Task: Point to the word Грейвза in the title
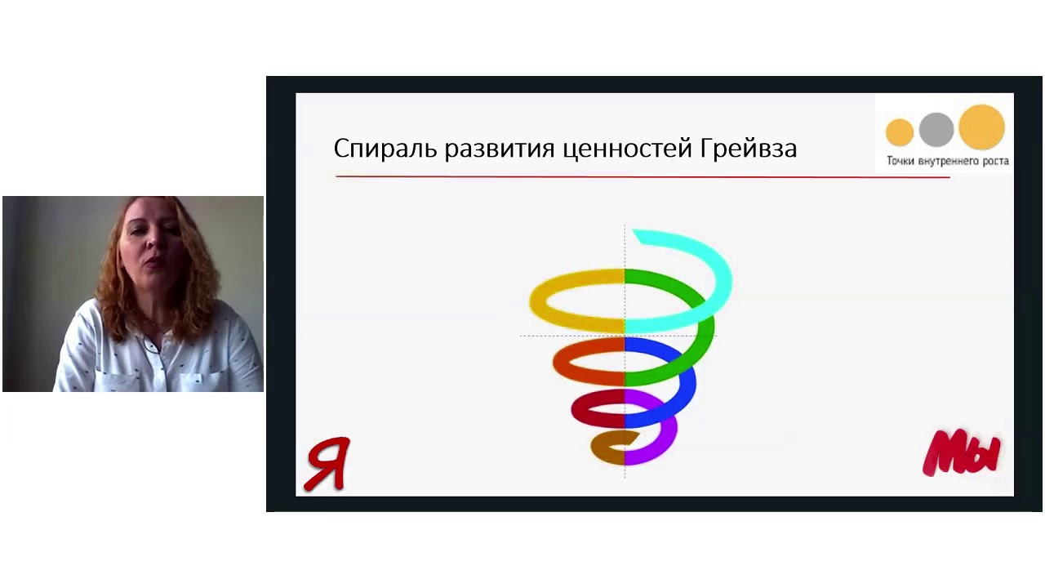tap(749, 149)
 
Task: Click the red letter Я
tap(328, 463)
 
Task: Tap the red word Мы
tap(962, 453)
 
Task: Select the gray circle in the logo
tap(936, 129)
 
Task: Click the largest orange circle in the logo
tap(981, 127)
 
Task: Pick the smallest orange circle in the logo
tap(900, 131)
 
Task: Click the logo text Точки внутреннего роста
tap(947, 161)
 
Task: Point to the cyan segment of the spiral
tap(718, 269)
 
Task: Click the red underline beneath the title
tap(642, 176)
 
